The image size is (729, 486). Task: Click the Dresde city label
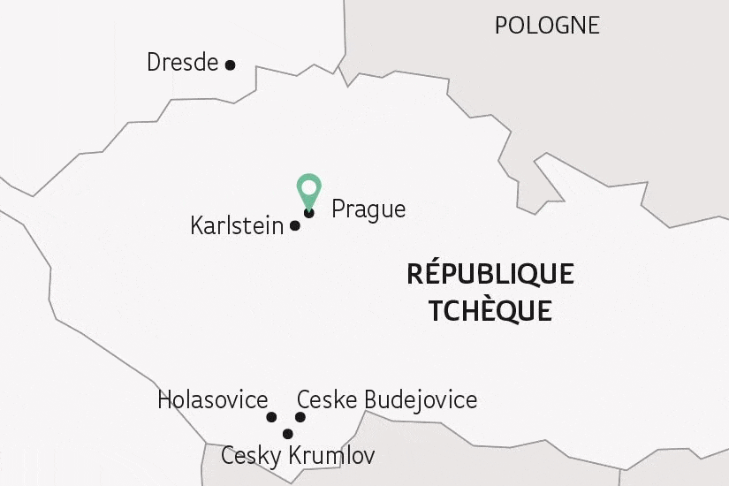[182, 63]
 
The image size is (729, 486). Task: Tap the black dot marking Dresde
[231, 65]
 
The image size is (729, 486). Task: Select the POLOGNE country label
[547, 25]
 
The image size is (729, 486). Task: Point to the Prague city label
[368, 209]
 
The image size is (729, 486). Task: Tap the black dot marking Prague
[308, 212]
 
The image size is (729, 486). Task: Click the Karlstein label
[237, 225]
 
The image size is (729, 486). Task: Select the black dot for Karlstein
[295, 225]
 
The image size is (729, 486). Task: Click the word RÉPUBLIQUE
[490, 274]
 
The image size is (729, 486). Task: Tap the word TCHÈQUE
[490, 311]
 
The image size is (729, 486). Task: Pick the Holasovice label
[212, 399]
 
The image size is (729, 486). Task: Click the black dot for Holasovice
[271, 417]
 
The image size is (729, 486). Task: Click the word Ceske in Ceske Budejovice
[327, 399]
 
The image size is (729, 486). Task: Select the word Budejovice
[421, 399]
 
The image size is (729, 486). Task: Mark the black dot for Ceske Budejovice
[300, 417]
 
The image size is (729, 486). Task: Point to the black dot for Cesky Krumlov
[287, 433]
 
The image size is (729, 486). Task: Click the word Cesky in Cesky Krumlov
[249, 456]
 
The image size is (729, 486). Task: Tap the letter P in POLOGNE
[501, 25]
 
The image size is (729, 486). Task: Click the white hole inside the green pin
[308, 186]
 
